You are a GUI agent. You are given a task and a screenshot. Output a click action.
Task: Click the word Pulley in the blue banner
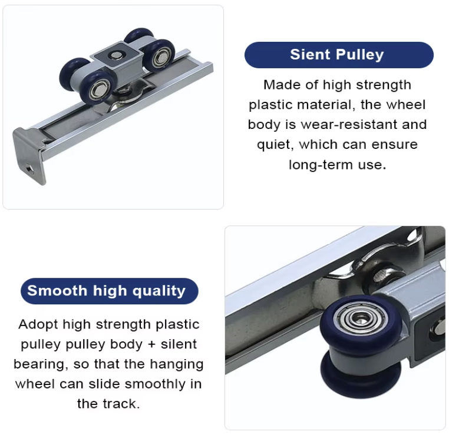359,55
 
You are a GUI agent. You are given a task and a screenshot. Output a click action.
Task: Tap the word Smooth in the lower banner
57,291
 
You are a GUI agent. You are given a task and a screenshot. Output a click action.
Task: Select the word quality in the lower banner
159,291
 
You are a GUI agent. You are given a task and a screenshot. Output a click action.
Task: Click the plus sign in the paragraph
151,344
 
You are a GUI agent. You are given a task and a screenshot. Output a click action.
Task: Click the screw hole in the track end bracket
29,169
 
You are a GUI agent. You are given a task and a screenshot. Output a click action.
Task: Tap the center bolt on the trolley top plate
117,55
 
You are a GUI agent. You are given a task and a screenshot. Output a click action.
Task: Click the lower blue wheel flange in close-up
360,376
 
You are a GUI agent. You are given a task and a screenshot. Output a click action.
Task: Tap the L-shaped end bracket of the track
28,155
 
